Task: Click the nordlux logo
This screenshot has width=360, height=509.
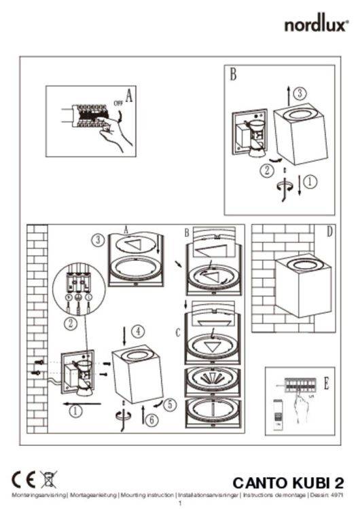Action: pyautogui.click(x=316, y=26)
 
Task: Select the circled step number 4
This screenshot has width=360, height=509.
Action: pyautogui.click(x=137, y=332)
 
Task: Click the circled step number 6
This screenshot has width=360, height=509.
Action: pyautogui.click(x=151, y=420)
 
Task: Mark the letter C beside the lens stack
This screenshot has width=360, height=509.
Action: pyautogui.click(x=178, y=333)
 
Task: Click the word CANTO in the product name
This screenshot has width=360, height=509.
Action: pyautogui.click(x=262, y=483)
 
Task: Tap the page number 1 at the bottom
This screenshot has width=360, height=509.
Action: pyautogui.click(x=180, y=504)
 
